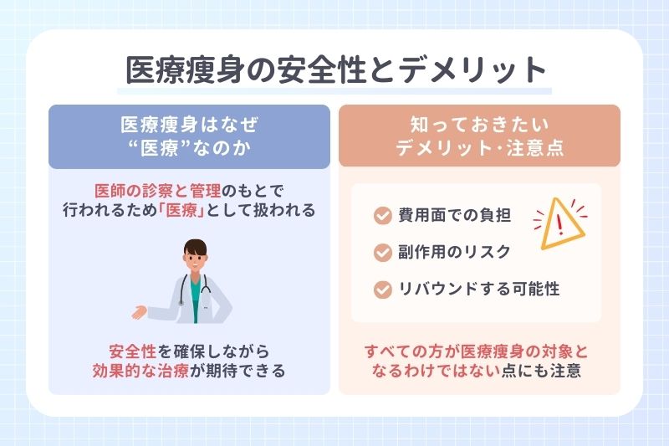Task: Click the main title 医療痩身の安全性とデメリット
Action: pos(334,70)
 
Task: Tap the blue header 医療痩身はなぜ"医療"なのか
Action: pos(188,136)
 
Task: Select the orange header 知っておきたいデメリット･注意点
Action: pos(479,136)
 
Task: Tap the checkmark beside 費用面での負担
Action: pos(381,216)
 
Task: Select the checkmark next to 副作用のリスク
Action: pos(381,252)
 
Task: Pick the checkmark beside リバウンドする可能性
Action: pos(381,289)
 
